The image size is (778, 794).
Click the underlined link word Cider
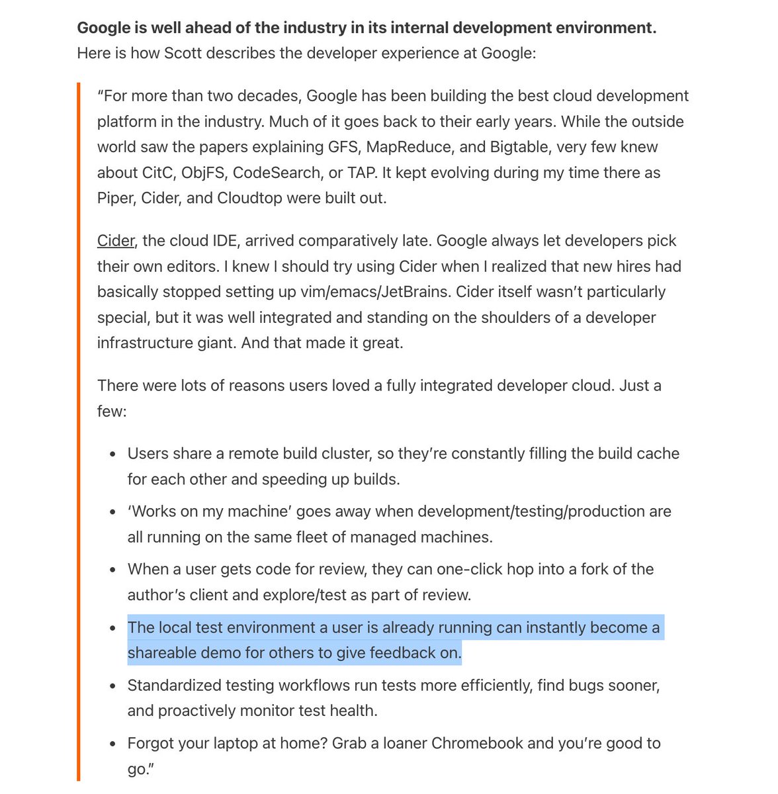coord(116,241)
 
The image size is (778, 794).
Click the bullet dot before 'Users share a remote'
coord(113,455)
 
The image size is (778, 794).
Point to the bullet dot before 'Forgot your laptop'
coord(113,744)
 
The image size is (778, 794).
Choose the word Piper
coord(115,198)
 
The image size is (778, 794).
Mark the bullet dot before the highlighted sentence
coord(113,628)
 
